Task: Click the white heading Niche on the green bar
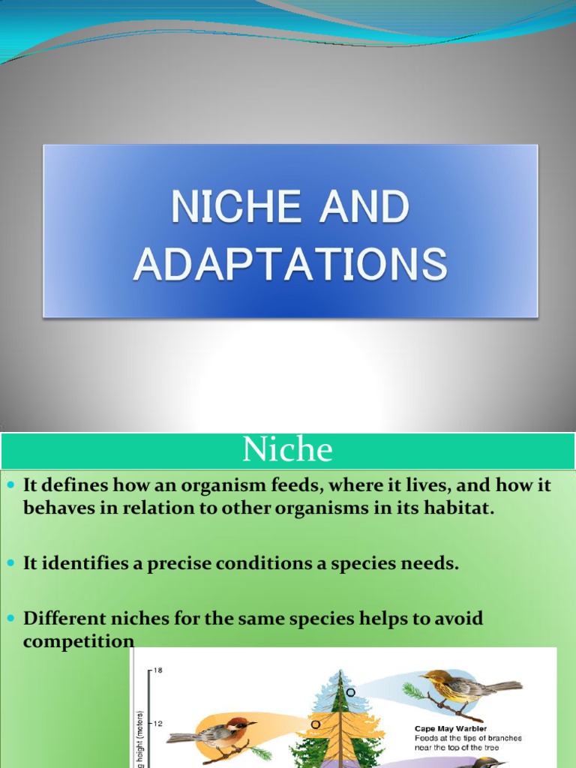point(287,450)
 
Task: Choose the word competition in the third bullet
point(79,641)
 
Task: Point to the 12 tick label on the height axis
point(157,724)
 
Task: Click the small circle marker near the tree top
point(350,691)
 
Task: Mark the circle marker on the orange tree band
point(316,724)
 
